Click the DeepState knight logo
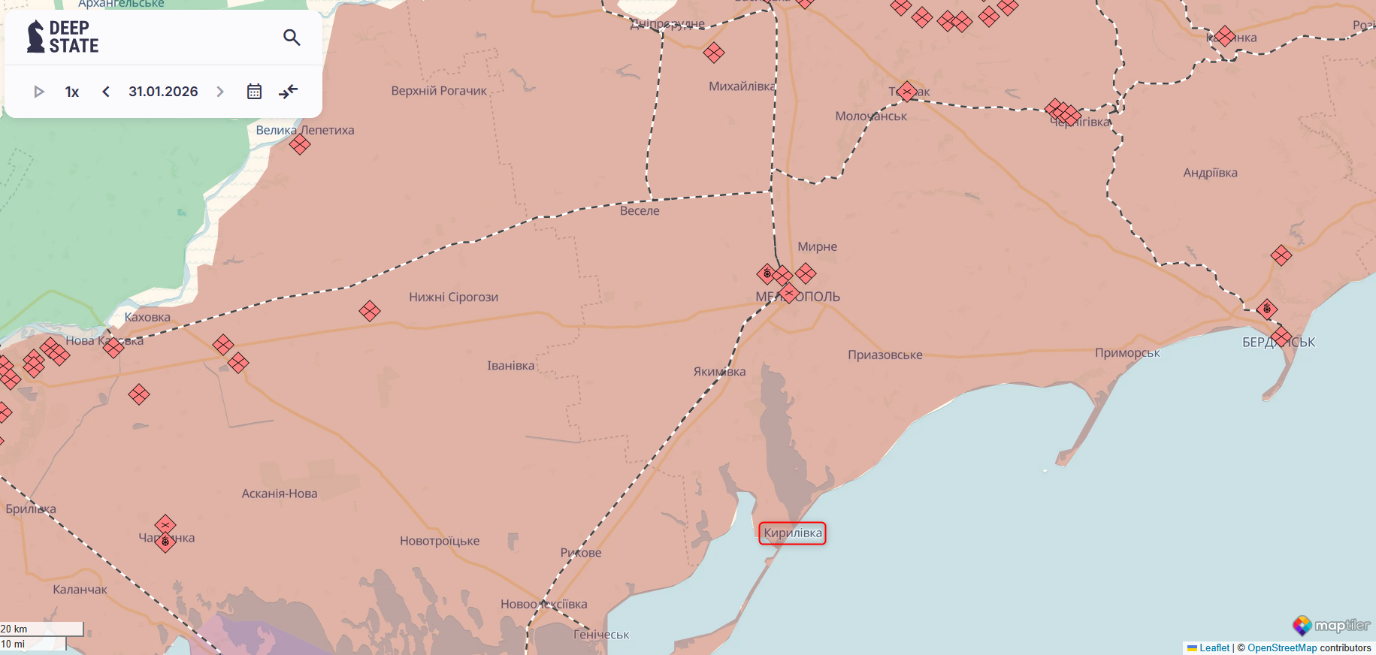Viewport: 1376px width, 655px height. pos(35,37)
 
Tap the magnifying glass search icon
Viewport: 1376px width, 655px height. pos(292,37)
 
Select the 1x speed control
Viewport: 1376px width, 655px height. pos(72,92)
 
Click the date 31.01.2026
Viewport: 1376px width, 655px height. pos(163,92)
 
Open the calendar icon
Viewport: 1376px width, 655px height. pos(254,92)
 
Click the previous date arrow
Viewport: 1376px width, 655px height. pos(106,92)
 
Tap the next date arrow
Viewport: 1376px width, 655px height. pos(220,92)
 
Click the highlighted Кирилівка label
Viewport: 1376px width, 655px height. pos(792,533)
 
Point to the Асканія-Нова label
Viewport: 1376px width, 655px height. pos(280,494)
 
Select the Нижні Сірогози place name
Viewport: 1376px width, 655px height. pos(453,297)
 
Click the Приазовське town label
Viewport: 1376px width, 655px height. pos(885,355)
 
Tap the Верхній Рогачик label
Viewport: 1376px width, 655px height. pos(439,91)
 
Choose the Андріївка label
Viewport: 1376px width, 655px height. pos(1210,173)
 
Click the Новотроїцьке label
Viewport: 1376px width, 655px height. pos(440,541)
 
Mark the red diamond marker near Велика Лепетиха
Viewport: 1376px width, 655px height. pos(300,144)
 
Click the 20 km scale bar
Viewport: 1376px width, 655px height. pos(41,629)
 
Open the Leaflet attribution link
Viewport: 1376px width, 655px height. pos(1214,647)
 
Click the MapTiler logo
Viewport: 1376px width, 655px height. pos(1331,625)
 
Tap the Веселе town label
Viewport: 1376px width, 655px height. pos(640,211)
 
